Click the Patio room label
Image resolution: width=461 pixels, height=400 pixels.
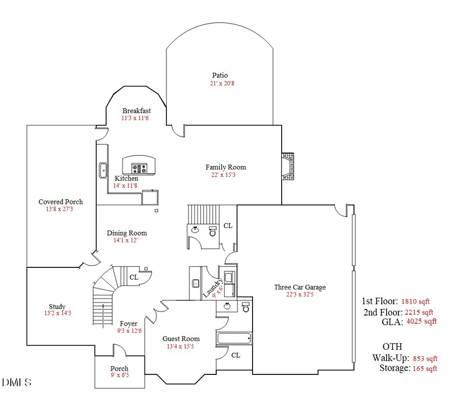click(x=220, y=75)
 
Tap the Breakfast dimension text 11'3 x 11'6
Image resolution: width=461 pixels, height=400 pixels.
click(x=135, y=118)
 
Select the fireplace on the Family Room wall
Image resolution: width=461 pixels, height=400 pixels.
click(x=288, y=166)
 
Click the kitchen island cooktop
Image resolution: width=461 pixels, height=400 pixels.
click(x=139, y=166)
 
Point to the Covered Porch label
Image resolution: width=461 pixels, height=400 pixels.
click(x=60, y=202)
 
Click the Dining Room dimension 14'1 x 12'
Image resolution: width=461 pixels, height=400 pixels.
click(x=125, y=240)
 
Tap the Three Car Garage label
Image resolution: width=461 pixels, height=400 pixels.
click(x=300, y=287)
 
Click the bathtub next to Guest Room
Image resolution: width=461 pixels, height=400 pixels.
click(x=234, y=339)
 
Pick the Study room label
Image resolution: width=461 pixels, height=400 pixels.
click(x=57, y=307)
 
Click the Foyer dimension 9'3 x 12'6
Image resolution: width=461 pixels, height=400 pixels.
click(x=129, y=331)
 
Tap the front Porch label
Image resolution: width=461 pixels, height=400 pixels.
click(x=119, y=369)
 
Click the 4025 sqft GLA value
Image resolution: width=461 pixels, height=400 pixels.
click(x=421, y=322)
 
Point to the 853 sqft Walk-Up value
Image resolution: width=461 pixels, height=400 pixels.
click(x=425, y=359)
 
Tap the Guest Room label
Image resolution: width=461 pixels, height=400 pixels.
click(x=181, y=339)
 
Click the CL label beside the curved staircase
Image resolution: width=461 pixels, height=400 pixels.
click(x=134, y=277)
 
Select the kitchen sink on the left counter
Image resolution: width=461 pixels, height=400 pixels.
click(x=102, y=169)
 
